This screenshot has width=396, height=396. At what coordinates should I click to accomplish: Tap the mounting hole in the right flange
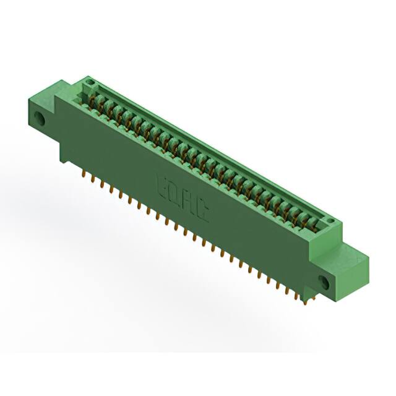[x=324, y=282]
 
